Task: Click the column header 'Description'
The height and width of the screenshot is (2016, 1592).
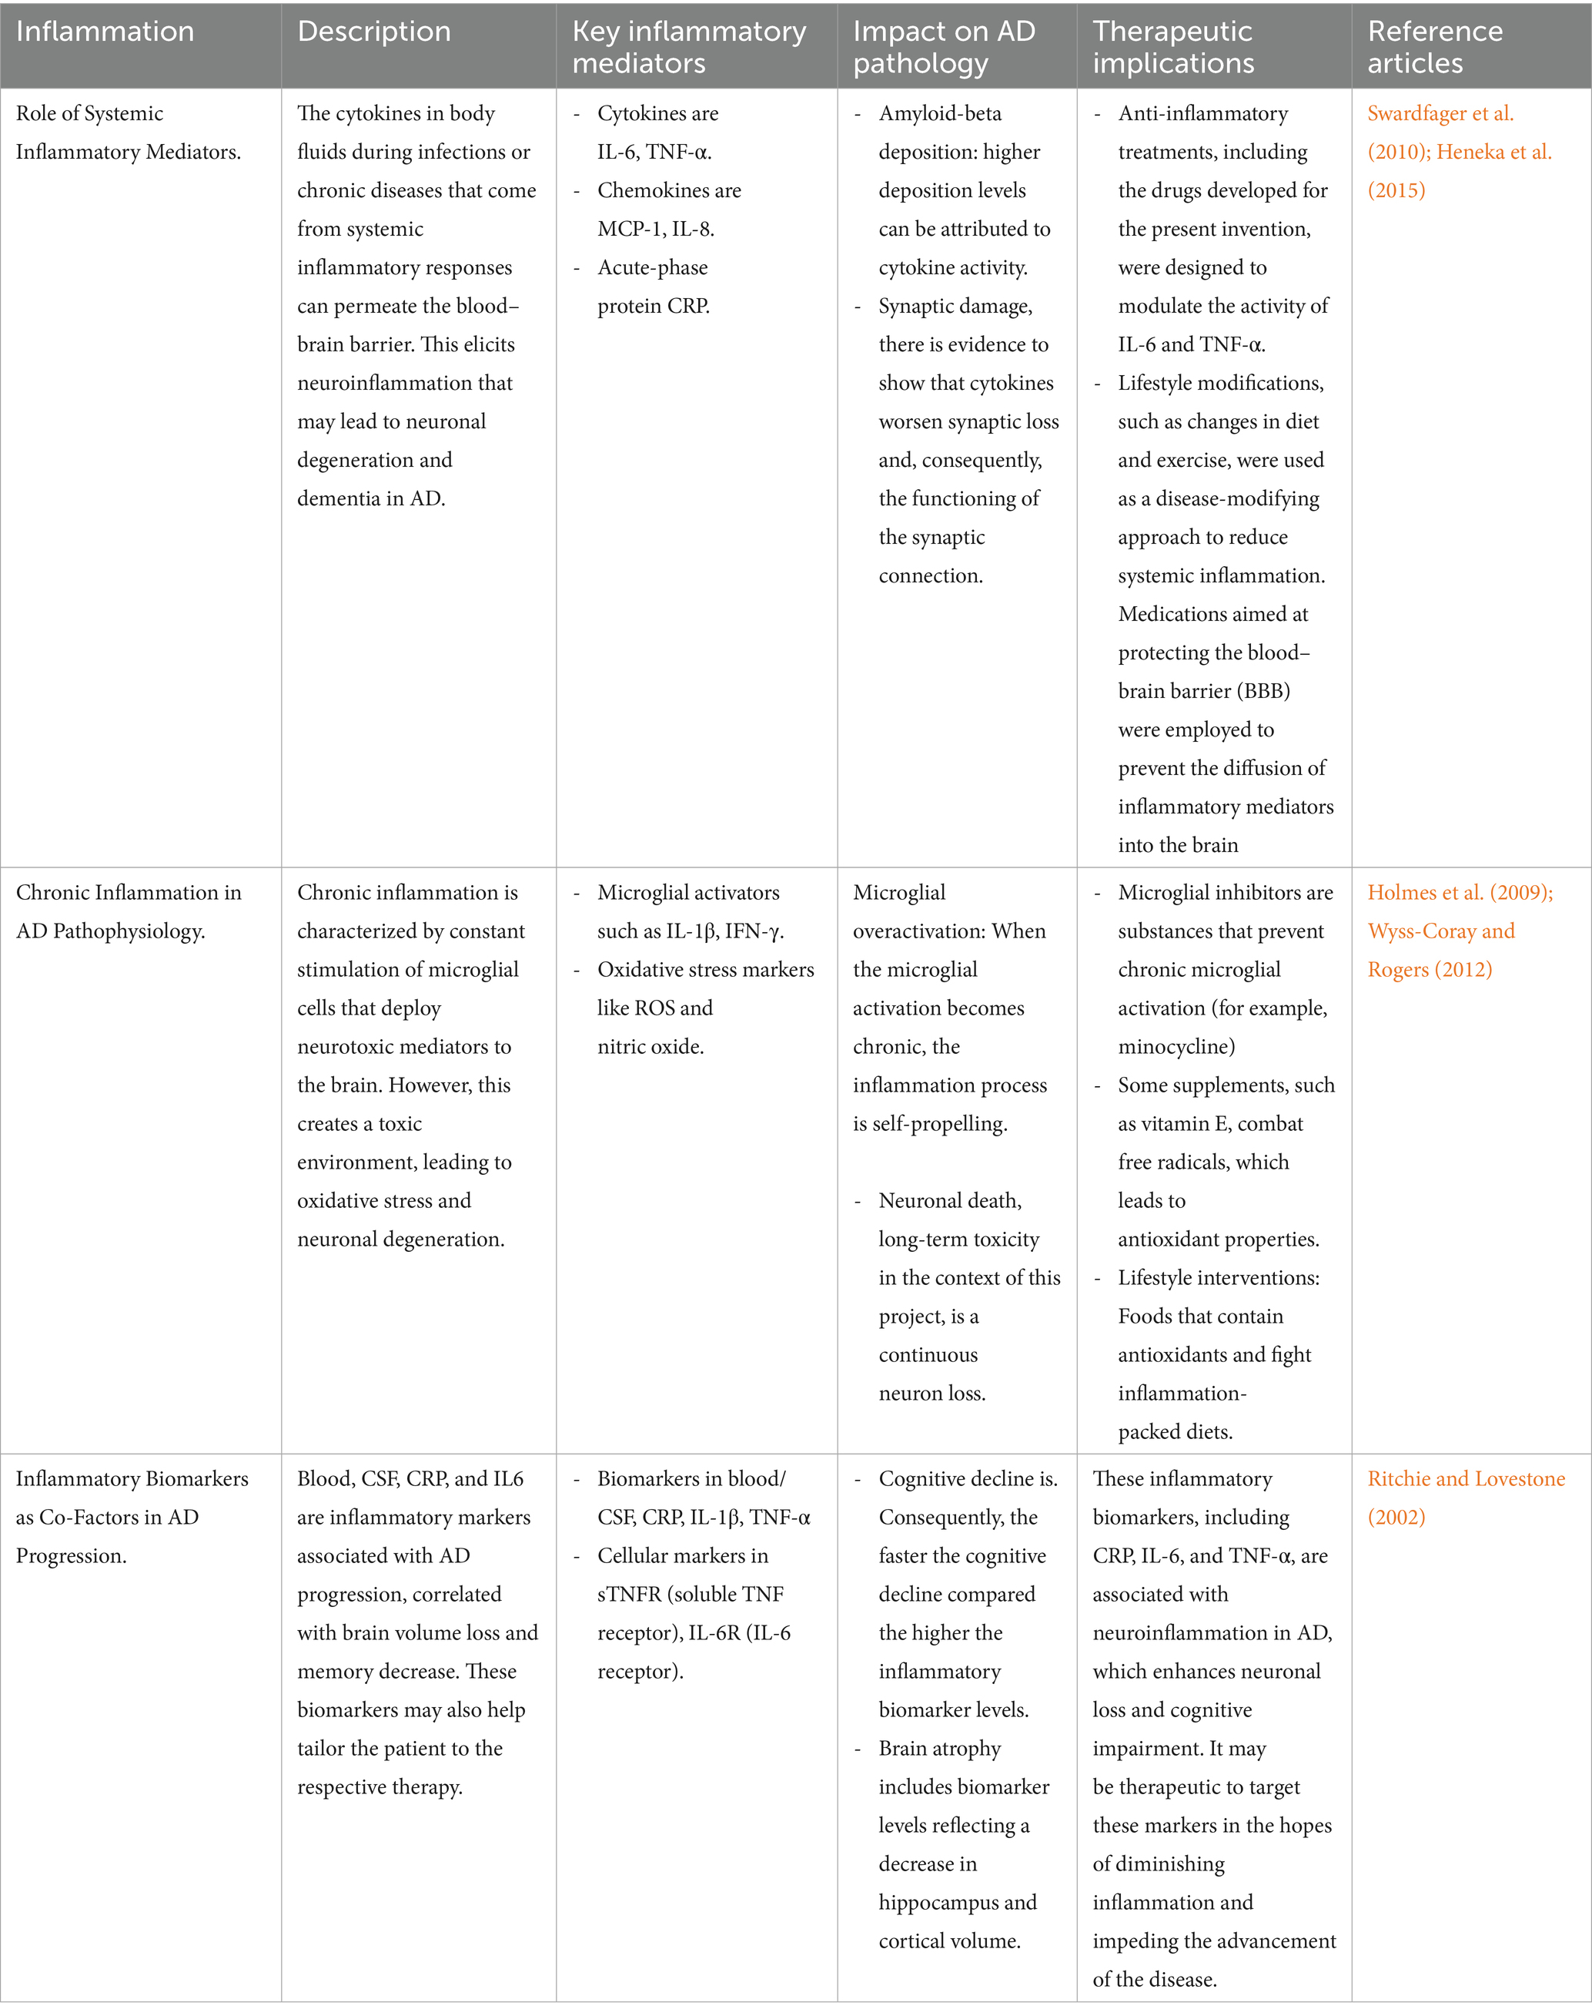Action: click(x=374, y=32)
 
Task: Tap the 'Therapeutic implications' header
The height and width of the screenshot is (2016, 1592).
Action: click(x=1172, y=47)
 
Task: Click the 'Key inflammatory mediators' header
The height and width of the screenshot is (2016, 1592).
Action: click(x=689, y=47)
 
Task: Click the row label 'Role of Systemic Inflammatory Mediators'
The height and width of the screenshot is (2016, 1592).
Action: click(x=128, y=132)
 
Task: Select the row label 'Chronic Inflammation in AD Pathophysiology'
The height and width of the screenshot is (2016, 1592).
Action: click(x=128, y=911)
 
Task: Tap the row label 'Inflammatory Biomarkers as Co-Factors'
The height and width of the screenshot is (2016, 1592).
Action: click(x=132, y=1516)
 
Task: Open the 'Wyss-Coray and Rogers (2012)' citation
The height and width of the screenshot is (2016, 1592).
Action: click(x=1440, y=950)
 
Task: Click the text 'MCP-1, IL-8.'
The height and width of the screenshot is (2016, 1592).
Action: click(x=655, y=229)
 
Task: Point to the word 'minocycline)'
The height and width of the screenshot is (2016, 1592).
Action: click(x=1176, y=1046)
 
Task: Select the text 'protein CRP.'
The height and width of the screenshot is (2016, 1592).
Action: click(x=654, y=306)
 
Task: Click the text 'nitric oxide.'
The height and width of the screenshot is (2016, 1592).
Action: click(x=651, y=1046)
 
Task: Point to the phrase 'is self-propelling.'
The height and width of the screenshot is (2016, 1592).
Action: click(x=930, y=1124)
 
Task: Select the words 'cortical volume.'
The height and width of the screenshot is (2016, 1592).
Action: click(x=950, y=1941)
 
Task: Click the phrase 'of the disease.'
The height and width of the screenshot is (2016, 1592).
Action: click(x=1154, y=1979)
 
